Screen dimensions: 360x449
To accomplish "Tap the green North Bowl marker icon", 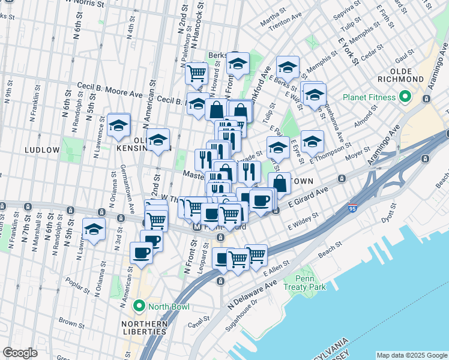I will click(x=140, y=307).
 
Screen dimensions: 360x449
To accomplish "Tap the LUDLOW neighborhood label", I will click(x=41, y=149).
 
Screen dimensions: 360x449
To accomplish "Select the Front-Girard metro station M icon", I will click(x=196, y=227).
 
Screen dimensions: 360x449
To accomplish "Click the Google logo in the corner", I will click(x=20, y=353).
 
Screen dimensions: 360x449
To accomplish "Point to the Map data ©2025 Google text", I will click(x=411, y=355).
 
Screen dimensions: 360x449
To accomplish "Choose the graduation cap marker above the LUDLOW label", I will click(x=118, y=125).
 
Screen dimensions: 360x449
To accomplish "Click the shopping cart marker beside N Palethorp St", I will click(x=196, y=74).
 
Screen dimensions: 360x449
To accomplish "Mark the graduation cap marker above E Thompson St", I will click(x=312, y=142).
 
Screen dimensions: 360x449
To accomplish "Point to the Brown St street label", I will click(x=71, y=321).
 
